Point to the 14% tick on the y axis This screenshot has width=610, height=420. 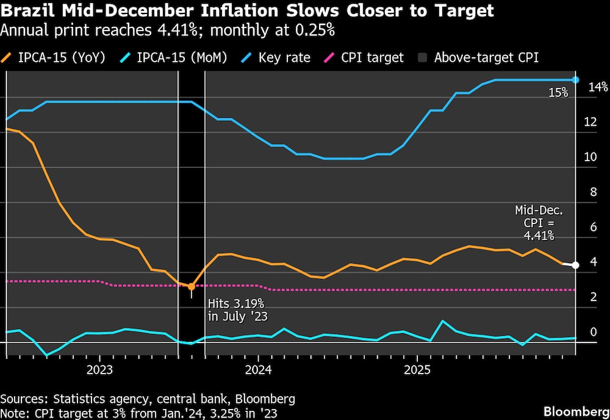597,87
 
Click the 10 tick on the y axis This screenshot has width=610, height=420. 590,157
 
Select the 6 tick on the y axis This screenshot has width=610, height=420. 590,227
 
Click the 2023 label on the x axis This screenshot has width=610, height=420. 99,370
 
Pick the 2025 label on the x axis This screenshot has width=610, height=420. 416,370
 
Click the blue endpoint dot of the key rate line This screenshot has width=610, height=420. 575,80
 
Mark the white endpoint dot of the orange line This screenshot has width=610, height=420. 575,264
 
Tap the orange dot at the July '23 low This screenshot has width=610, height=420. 192,286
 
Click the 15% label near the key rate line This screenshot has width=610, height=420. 558,93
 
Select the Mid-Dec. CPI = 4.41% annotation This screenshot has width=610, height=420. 539,222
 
